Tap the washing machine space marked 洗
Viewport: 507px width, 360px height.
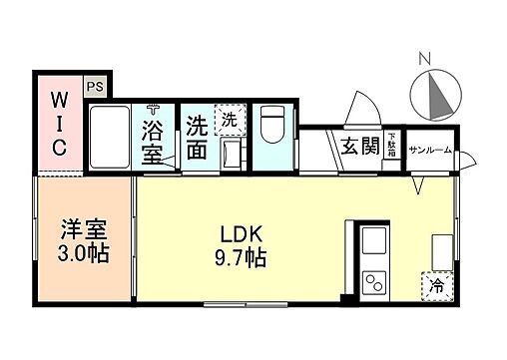[229, 119]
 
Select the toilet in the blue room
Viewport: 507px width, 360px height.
[272, 128]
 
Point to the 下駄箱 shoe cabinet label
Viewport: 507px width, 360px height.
[392, 147]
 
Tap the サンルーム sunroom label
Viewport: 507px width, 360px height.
[430, 149]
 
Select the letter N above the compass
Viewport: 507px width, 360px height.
[425, 58]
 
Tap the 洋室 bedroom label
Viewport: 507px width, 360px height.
[75, 227]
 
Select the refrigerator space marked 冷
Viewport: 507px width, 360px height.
[437, 285]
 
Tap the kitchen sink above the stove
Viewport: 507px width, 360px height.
[375, 243]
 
